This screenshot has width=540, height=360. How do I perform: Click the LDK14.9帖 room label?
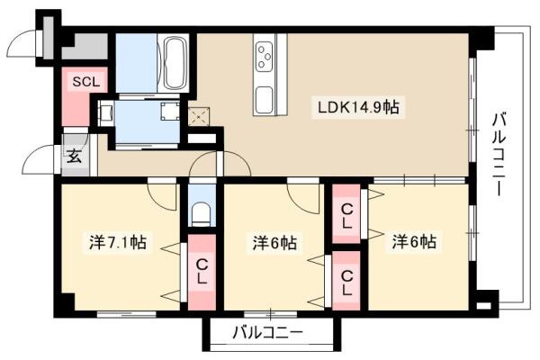click(358, 108)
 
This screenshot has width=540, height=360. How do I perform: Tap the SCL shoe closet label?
click(86, 82)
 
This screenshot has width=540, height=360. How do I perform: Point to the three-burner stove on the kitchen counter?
click(265, 56)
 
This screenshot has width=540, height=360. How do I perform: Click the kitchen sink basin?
click(265, 100)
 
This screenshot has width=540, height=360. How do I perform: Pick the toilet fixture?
click(202, 214)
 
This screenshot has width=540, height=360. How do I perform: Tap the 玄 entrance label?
click(75, 157)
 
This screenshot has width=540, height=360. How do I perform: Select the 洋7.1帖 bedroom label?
click(117, 242)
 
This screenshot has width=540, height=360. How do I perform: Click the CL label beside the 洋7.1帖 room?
click(202, 272)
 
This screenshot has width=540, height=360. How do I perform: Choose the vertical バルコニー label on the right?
click(500, 154)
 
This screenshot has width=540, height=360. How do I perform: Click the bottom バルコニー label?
click(268, 332)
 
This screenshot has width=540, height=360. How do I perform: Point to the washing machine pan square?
click(170, 111)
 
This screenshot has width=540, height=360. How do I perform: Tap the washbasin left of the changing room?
click(105, 112)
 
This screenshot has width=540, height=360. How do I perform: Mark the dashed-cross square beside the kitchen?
click(199, 116)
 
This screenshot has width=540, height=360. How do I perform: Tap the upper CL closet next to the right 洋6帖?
click(346, 214)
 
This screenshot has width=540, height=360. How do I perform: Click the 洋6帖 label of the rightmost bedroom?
click(414, 242)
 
